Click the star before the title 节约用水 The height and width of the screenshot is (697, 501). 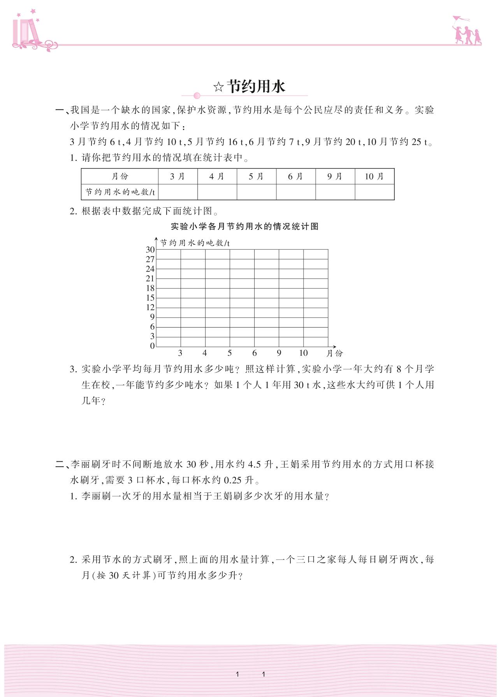(218, 87)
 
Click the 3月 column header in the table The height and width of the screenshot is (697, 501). (178, 176)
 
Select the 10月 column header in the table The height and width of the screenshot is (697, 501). (374, 176)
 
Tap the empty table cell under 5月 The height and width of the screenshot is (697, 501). (256, 192)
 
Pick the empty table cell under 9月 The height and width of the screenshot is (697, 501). (335, 192)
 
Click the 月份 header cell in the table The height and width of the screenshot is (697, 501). (120, 176)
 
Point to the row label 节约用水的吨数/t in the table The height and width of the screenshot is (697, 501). (120, 192)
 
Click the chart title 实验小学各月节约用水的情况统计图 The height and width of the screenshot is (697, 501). (244, 226)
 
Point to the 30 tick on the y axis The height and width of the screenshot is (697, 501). (150, 250)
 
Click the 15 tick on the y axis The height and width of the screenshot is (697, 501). (150, 298)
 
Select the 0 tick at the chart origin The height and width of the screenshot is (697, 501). (152, 346)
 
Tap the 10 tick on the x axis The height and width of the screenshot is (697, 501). (303, 353)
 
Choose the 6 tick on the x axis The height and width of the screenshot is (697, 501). (255, 353)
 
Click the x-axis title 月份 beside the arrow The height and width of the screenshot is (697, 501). (334, 353)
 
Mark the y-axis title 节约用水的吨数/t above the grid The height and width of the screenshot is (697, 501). (195, 243)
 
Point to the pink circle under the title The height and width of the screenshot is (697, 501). (197, 95)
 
